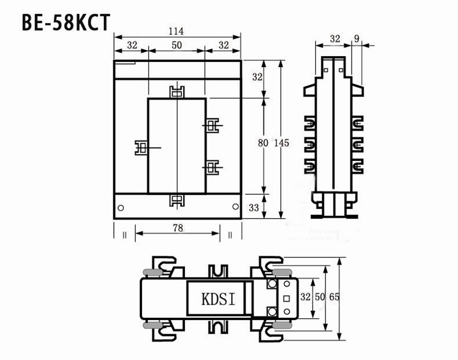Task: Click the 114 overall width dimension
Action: [x=177, y=32]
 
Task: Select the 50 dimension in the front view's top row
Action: [x=177, y=45]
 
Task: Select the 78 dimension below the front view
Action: [x=177, y=228]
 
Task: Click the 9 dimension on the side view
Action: [x=357, y=39]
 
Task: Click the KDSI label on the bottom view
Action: [x=215, y=299]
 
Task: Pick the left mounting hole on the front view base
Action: [x=120, y=207]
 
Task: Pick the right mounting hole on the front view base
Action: [x=235, y=207]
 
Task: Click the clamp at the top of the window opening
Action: [x=177, y=92]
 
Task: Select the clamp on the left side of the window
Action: [x=141, y=148]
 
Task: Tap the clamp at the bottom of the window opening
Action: [x=177, y=200]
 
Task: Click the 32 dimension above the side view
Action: [x=335, y=39]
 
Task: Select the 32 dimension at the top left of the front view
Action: [x=131, y=45]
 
